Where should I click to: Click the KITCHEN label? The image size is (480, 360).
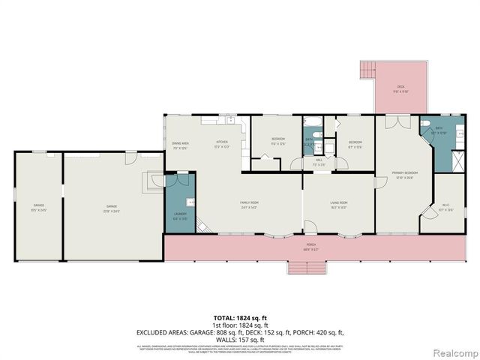click(222, 144)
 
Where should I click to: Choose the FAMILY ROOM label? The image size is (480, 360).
click(249, 205)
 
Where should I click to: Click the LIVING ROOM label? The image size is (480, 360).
click(339, 205)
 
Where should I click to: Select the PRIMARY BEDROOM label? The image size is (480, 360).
click(406, 175)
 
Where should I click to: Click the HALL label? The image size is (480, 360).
click(318, 160)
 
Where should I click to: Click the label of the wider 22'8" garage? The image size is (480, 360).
click(112, 208)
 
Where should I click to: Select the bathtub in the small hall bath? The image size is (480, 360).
click(311, 121)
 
